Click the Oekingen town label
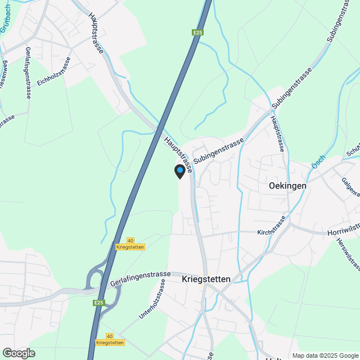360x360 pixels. (x=287, y=186)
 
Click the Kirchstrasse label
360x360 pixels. (x=272, y=232)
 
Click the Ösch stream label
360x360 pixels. (x=319, y=162)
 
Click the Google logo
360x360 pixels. (x=18, y=353)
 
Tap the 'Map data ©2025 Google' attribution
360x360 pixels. (x=325, y=355)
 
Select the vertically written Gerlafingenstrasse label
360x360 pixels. (x=28, y=72)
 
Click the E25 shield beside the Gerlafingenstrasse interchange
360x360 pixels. (x=99, y=303)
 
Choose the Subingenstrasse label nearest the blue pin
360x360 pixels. (x=219, y=150)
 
